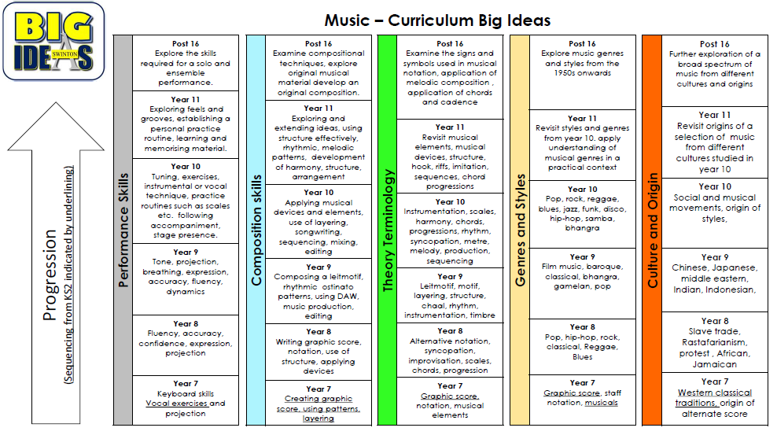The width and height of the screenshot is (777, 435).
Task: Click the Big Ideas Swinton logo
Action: pos(53,41)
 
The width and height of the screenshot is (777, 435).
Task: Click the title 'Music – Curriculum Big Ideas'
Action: pos(437,20)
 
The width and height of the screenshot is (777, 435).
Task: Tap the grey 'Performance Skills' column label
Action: pos(123,230)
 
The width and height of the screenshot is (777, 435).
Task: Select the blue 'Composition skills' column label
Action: pos(256,230)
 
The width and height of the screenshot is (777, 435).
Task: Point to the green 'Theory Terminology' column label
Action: pos(388,230)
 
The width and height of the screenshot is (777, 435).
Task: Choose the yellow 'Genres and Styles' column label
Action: pos(520,230)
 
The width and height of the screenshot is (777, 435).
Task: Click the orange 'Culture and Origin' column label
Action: pos(652,230)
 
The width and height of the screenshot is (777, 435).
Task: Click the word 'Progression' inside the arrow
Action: pos(50,275)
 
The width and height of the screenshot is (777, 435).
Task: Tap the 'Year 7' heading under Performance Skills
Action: pos(186,383)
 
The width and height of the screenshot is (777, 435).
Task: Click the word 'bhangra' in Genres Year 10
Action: pos(582,228)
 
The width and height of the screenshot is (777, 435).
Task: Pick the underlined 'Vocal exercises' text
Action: pos(176,404)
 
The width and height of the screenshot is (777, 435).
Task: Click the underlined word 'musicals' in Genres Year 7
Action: pos(601,402)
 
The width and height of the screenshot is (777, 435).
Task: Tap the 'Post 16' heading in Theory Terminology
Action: pos(450,43)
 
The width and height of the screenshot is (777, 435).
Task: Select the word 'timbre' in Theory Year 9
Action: pos(482,315)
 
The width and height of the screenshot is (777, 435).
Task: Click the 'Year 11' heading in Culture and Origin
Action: pos(715,115)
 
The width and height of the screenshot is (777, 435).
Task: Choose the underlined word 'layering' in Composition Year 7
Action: pos(319,418)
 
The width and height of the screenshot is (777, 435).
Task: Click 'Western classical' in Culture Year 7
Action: pos(715,393)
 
